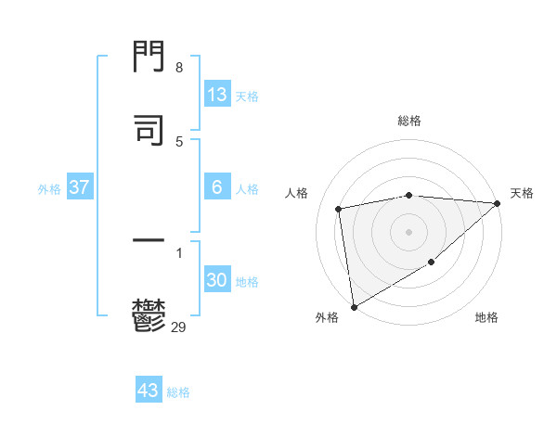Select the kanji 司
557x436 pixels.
point(149,130)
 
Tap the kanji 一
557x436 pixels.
point(149,242)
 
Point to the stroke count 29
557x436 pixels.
point(179,326)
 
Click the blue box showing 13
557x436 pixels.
point(217,95)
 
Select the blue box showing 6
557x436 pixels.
point(217,187)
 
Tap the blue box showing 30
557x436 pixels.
point(217,280)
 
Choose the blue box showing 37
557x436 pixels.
point(80,187)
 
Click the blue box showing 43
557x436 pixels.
point(149,391)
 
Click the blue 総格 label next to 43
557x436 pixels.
point(178,392)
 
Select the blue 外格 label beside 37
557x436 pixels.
point(49,188)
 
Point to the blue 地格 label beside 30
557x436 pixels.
point(247,281)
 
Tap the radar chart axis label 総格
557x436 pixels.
point(409,121)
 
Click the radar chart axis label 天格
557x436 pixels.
point(522,193)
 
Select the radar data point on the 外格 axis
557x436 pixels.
point(354,306)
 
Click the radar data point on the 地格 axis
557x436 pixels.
point(432,263)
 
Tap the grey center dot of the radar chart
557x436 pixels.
point(408,232)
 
